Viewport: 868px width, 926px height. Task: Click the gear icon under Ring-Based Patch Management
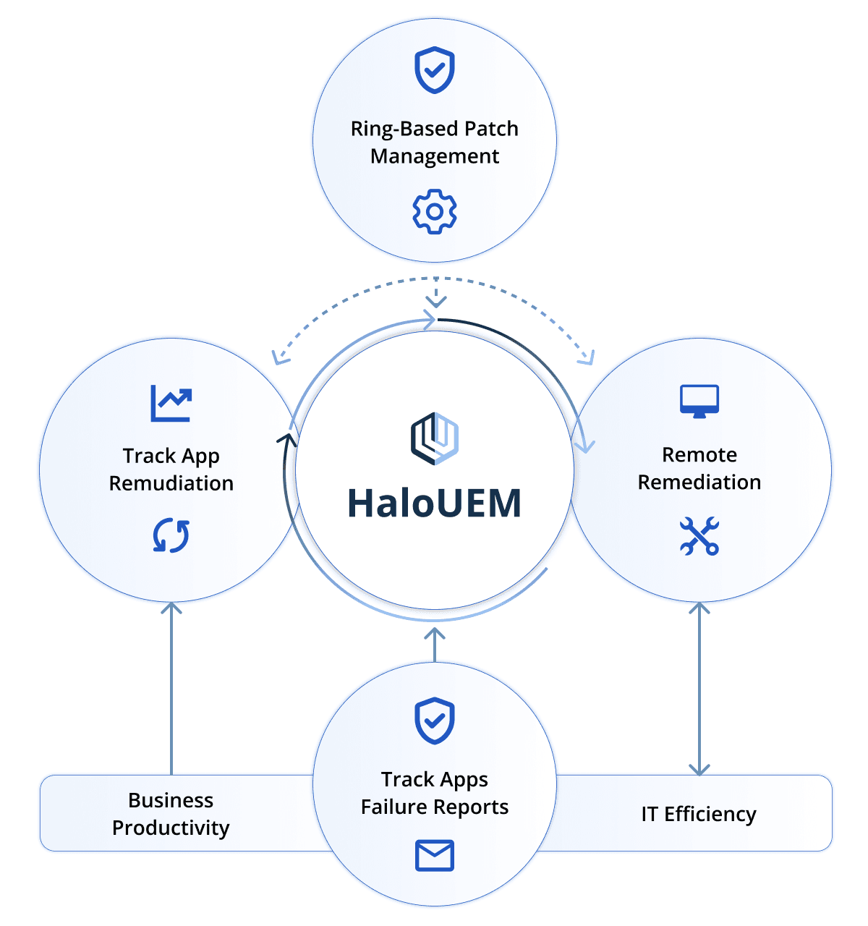point(435,211)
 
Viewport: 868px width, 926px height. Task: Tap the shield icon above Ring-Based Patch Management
point(435,70)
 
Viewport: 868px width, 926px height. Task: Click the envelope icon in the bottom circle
point(435,855)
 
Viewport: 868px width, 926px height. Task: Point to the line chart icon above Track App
point(171,403)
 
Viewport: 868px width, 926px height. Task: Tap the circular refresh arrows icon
point(171,536)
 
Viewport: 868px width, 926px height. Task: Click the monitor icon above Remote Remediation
point(699,401)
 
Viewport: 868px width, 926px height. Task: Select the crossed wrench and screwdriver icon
point(699,536)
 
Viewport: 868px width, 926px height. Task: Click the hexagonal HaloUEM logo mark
point(435,438)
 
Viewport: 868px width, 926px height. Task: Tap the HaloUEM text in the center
point(435,504)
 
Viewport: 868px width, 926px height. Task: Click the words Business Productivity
point(171,814)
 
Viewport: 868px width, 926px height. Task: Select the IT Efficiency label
point(699,814)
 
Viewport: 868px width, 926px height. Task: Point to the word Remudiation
point(171,483)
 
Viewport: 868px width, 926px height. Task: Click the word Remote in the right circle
point(699,454)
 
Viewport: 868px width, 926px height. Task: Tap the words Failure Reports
point(435,807)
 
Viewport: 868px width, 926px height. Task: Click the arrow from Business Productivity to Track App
point(171,687)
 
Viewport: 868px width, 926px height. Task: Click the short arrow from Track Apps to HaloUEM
point(435,645)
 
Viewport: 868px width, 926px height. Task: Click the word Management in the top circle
point(435,156)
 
